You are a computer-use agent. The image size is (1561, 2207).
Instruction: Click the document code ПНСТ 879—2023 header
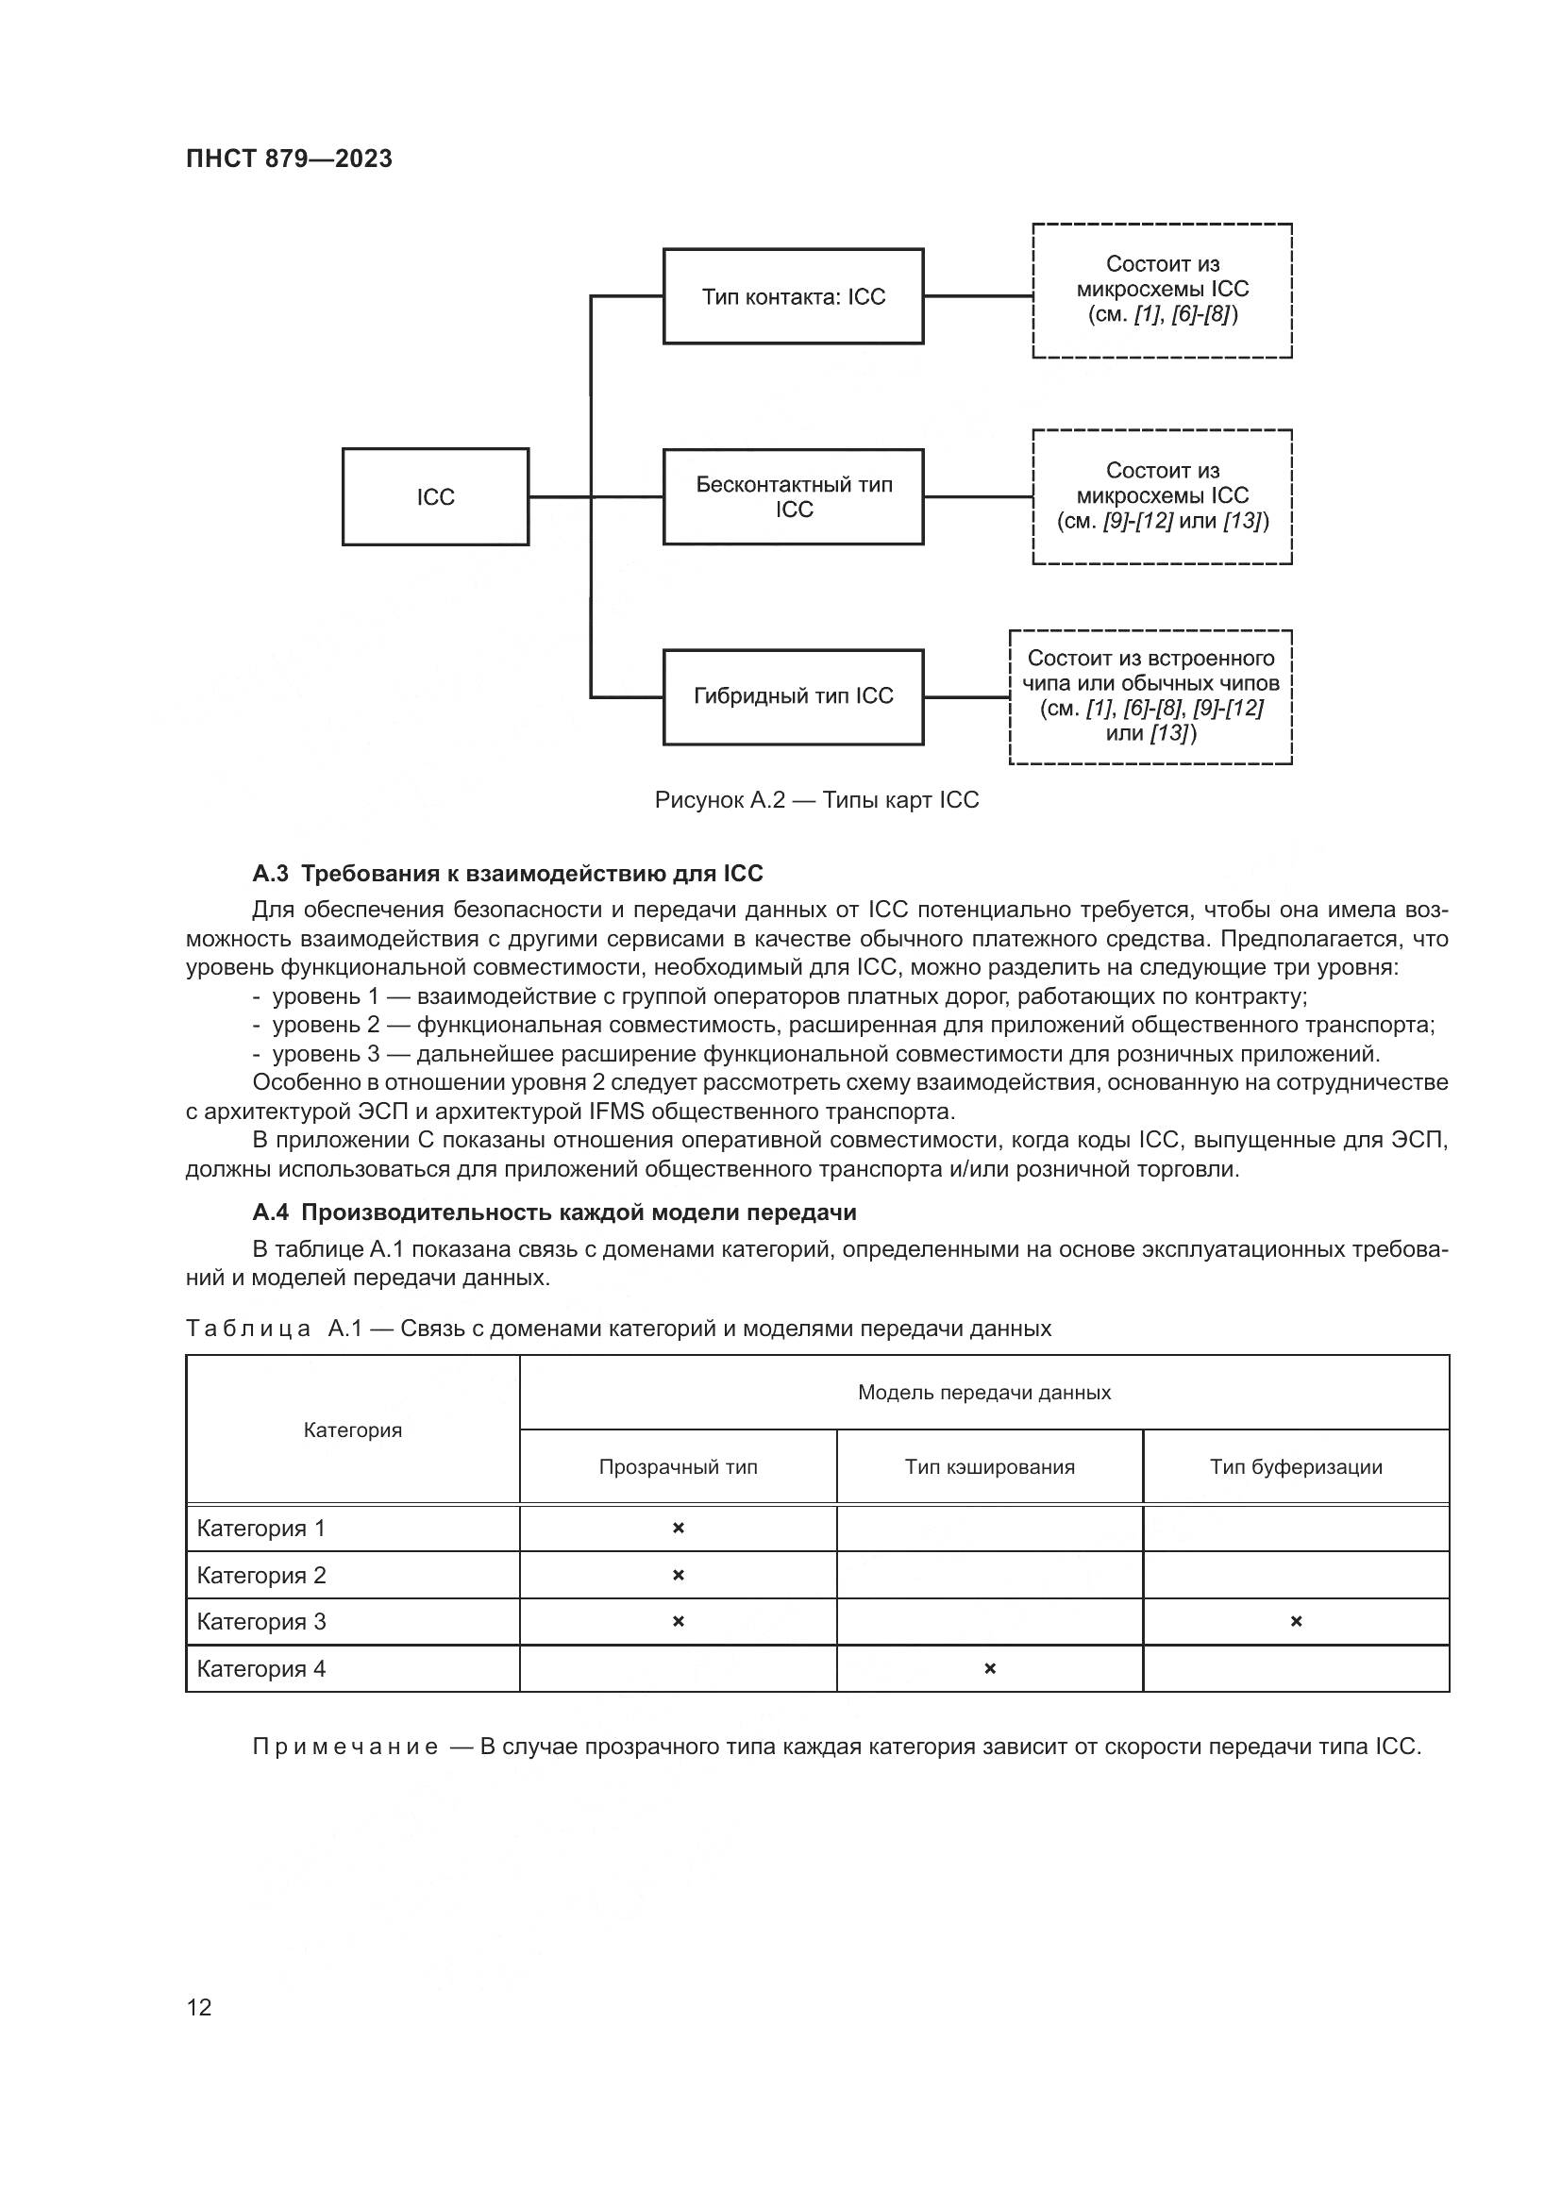[290, 159]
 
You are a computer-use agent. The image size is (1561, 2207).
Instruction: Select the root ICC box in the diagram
[435, 497]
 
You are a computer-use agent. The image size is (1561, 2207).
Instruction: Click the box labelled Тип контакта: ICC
[793, 297]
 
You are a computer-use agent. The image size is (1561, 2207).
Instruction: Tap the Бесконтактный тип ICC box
[793, 497]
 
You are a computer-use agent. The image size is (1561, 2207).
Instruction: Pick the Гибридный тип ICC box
[793, 696]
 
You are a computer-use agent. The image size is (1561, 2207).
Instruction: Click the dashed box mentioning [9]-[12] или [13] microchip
[1162, 496]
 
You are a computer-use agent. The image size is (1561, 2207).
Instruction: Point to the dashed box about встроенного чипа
[1150, 696]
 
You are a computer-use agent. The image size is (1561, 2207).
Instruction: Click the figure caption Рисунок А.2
[816, 800]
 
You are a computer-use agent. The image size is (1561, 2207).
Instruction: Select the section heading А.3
[508, 874]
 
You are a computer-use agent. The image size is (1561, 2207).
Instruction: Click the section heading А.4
[554, 1212]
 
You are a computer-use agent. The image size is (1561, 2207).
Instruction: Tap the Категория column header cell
[353, 1430]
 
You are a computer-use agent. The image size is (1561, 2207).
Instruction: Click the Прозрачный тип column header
[678, 1467]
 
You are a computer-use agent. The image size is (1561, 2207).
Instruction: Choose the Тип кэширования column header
[989, 1467]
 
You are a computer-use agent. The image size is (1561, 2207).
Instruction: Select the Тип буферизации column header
[1296, 1467]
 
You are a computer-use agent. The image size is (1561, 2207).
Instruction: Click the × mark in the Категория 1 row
[678, 1529]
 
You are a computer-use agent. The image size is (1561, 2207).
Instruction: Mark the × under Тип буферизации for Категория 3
[1296, 1622]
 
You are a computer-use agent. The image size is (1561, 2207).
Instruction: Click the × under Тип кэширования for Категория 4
[989, 1669]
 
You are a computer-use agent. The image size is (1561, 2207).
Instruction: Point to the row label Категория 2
[261, 1576]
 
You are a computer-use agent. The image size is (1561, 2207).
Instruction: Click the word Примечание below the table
[345, 1747]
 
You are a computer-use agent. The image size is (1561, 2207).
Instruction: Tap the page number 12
[199, 2007]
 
